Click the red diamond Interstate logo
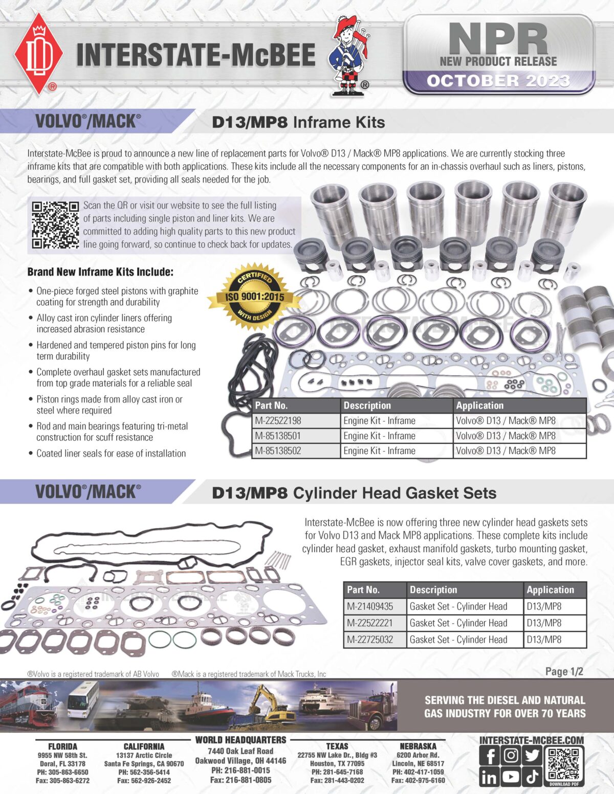click(x=38, y=54)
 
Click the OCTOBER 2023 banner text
click(x=498, y=81)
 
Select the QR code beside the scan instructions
click(x=55, y=225)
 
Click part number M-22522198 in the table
click(x=278, y=421)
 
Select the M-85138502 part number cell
click(x=278, y=451)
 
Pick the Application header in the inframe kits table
click(x=480, y=405)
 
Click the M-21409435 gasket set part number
click(x=370, y=606)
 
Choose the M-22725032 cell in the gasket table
click(x=370, y=640)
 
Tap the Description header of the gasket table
click(x=433, y=589)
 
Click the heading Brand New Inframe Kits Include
click(x=100, y=272)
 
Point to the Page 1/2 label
click(x=564, y=671)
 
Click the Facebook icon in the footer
click(x=490, y=756)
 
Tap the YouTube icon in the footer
click(x=511, y=777)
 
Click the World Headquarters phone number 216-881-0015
click(x=240, y=770)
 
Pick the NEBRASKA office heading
click(x=418, y=746)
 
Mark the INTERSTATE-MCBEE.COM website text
click(x=531, y=740)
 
